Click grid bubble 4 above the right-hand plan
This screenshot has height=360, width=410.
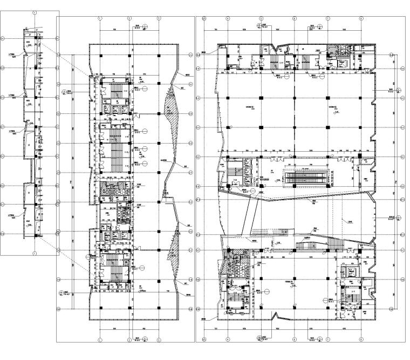pos(228,18)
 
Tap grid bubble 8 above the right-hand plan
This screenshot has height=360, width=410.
pos(360,18)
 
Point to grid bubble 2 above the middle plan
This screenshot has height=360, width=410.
pos(129,18)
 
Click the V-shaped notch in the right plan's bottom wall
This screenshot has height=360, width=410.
pos(277,315)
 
